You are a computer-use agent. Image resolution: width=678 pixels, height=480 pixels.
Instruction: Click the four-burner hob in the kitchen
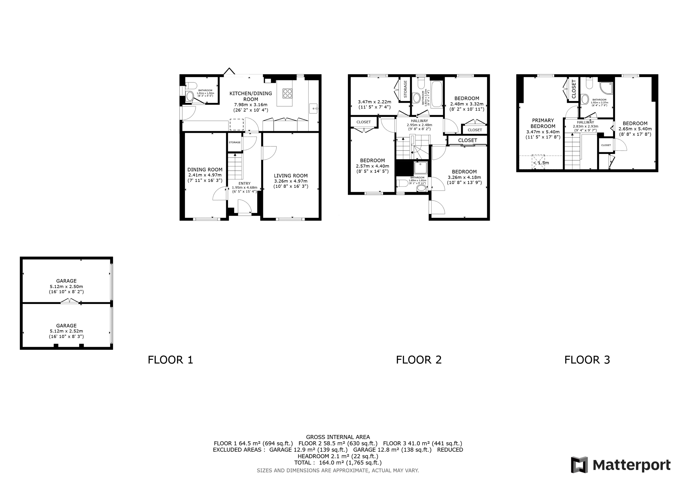[287, 93]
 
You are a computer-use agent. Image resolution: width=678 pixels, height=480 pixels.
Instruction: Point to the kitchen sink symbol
[313, 109]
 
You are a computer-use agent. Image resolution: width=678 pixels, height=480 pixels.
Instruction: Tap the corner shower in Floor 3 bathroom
[606, 88]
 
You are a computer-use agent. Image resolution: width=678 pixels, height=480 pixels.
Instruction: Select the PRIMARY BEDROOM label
[543, 123]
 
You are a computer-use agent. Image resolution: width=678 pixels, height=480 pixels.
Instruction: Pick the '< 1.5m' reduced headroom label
[541, 163]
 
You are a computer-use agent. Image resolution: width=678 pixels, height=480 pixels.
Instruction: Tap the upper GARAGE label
[66, 281]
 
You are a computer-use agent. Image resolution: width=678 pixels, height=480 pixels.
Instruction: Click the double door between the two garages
[70, 301]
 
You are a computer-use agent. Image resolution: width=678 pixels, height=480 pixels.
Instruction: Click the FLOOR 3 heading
[587, 360]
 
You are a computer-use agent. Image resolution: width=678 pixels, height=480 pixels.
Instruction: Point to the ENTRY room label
[244, 184]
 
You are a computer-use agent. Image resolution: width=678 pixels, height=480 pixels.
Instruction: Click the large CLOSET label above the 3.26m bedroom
[467, 140]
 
